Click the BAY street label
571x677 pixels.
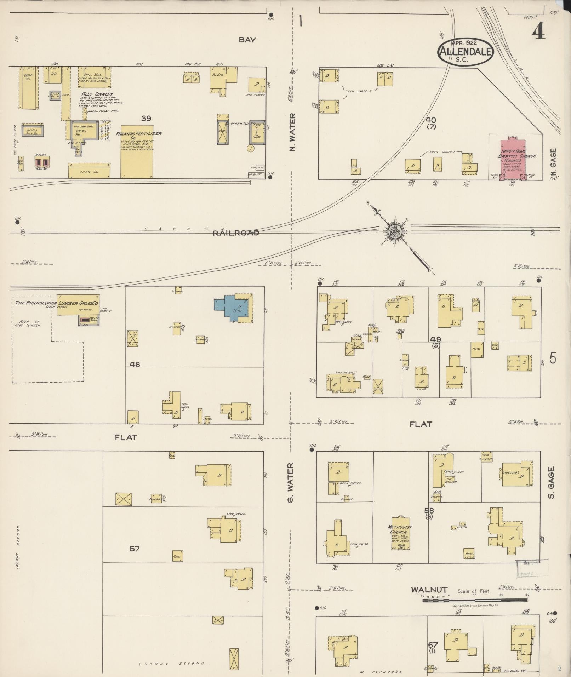(247, 40)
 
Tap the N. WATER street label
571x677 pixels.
(292, 132)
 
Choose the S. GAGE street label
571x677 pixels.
(551, 482)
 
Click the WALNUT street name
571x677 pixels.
(429, 590)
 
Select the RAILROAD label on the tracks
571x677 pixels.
(236, 233)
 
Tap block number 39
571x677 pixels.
(146, 118)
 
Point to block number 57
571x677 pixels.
(134, 549)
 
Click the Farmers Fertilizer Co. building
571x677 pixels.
(137, 152)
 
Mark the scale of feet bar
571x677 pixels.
(474, 600)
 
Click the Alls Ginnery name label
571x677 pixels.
(92, 94)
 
